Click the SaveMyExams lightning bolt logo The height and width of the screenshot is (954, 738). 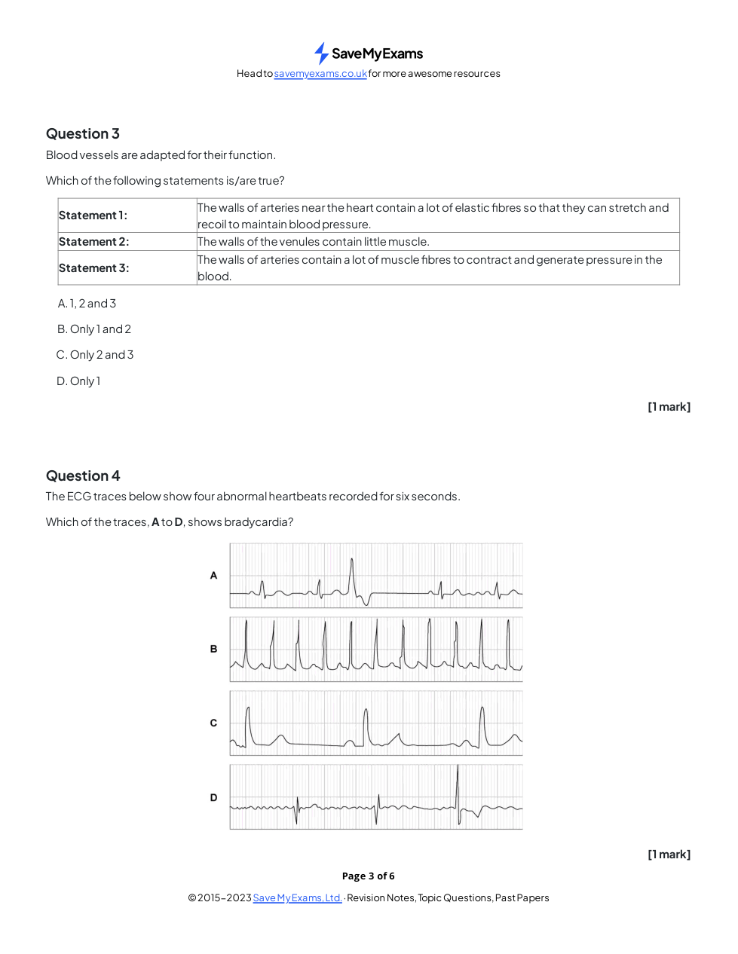click(x=321, y=54)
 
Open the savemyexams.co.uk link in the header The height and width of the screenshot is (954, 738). click(x=320, y=74)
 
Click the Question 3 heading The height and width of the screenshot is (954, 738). click(x=83, y=134)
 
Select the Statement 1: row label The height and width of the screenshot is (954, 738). click(x=93, y=216)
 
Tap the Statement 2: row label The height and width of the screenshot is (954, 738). click(x=94, y=242)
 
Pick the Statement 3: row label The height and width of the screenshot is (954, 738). click(x=94, y=268)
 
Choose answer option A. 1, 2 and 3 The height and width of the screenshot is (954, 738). click(x=87, y=304)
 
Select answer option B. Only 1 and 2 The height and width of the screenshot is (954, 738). click(x=94, y=329)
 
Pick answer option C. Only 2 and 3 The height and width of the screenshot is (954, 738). click(x=95, y=355)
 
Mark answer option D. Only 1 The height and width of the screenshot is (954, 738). click(x=78, y=381)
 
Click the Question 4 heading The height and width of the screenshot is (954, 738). click(x=83, y=476)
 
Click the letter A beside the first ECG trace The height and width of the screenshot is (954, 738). click(x=213, y=576)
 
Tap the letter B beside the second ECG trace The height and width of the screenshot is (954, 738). click(x=213, y=649)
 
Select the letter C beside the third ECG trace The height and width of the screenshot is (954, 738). click(x=213, y=723)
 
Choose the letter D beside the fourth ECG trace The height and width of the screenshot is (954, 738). click(x=213, y=798)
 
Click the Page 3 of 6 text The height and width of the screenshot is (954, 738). click(x=368, y=876)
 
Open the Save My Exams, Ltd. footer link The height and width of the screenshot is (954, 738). click(x=297, y=898)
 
